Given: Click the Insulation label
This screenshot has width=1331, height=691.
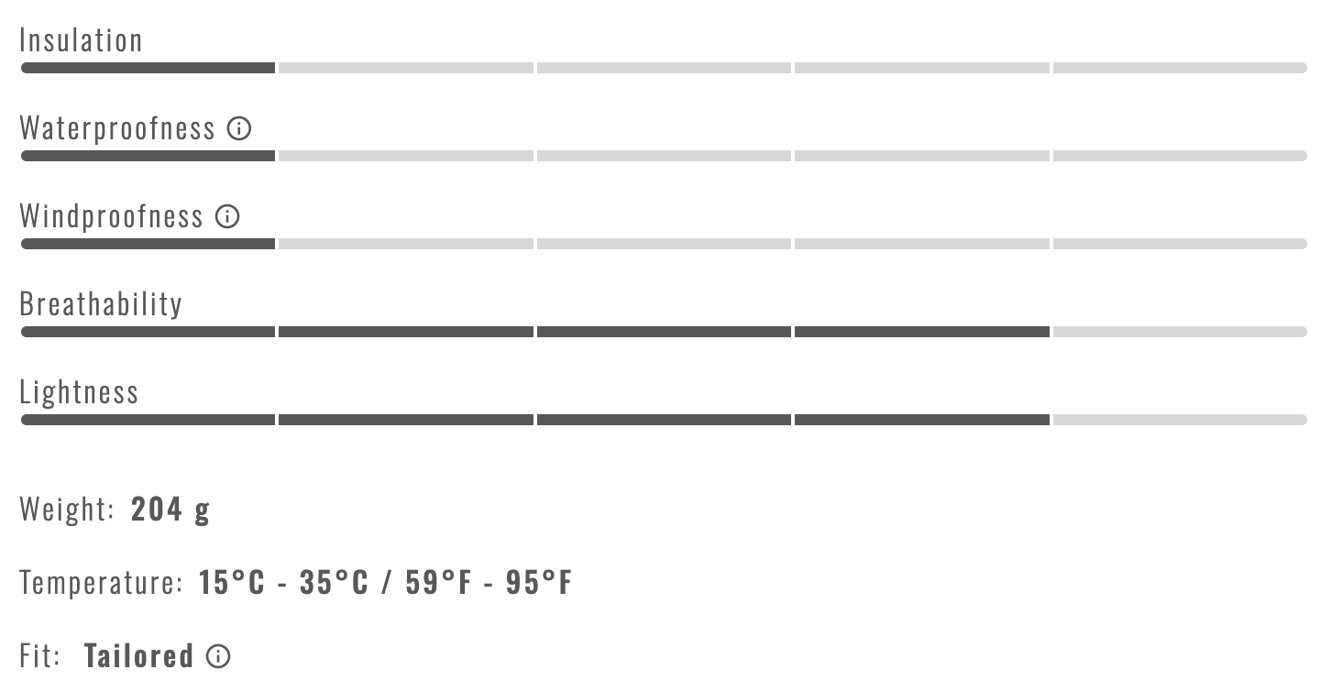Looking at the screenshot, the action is (81, 40).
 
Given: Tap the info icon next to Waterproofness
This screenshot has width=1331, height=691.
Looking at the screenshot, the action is (239, 128).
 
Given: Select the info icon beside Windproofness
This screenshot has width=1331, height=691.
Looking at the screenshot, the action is (227, 216).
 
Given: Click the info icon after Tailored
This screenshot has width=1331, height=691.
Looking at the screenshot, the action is (218, 656).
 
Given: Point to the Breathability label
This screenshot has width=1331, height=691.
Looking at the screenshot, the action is (101, 304).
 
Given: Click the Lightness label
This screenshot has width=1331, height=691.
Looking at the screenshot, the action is (79, 392).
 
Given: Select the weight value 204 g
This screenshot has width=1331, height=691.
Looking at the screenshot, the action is (170, 510).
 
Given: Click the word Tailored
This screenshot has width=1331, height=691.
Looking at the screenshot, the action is (139, 656).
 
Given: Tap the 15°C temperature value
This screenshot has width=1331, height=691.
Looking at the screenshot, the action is (231, 582).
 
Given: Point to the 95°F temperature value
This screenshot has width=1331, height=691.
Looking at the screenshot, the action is (539, 582).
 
